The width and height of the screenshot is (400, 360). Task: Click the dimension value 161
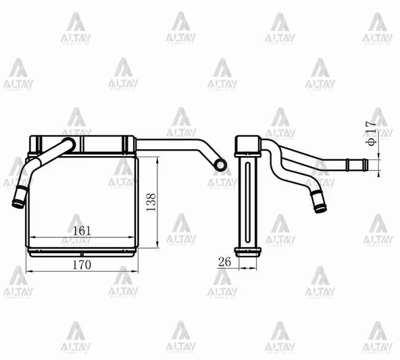[x=82, y=230]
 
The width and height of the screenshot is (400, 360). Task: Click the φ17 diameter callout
[x=370, y=134]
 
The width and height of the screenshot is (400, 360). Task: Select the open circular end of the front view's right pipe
[x=220, y=164]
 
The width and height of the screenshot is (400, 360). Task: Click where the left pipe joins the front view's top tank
[x=68, y=144]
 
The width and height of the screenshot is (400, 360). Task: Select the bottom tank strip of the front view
[x=82, y=250]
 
